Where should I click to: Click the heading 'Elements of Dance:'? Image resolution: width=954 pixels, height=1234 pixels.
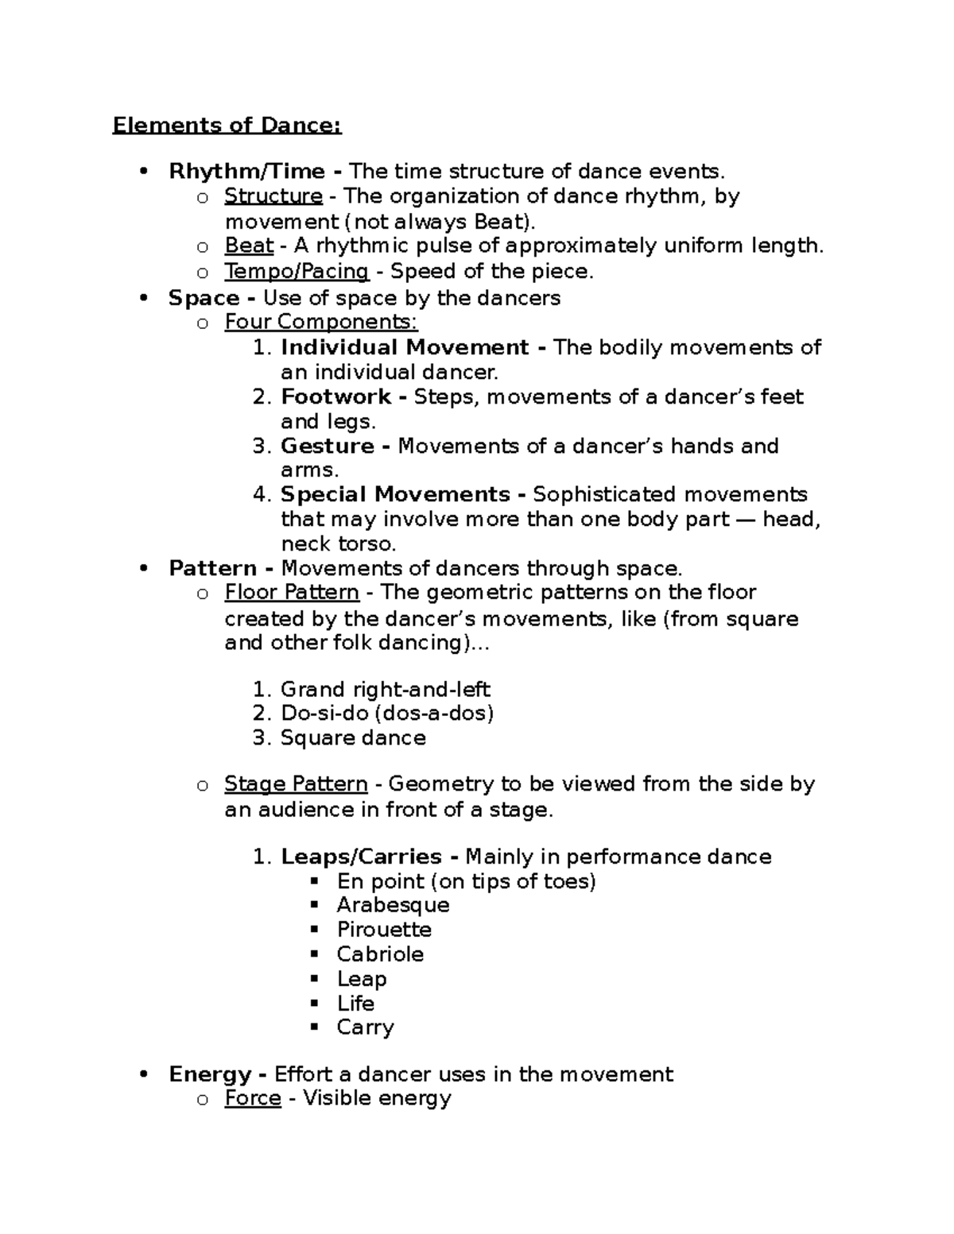227,126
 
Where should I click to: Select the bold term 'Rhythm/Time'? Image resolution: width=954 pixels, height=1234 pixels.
246,172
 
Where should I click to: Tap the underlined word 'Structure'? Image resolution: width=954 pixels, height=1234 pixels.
273,196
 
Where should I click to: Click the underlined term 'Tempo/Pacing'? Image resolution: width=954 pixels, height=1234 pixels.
297,272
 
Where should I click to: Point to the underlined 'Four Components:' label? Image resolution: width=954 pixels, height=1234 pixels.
320,322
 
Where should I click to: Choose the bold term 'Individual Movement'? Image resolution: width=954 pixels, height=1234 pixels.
405,347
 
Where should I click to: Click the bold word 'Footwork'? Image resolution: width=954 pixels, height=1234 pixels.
336,397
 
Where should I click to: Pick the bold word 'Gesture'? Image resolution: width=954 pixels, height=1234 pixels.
328,446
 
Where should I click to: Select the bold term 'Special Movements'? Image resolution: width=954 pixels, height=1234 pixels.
395,494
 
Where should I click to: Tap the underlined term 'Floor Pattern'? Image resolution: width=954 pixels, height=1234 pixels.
292,593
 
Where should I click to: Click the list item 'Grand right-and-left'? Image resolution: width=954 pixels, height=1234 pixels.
385,690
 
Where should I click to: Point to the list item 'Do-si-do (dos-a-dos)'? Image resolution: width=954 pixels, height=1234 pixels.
387,714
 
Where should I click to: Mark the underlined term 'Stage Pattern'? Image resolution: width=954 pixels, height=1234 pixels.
296,784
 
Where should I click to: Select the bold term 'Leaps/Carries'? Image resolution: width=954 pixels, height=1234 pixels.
361,857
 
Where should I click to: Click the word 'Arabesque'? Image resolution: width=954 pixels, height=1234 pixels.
393,905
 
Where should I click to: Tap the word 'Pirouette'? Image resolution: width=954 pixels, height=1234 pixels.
384,930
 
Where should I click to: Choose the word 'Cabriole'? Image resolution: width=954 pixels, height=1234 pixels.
380,954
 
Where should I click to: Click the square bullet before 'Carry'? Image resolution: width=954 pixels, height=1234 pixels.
315,1027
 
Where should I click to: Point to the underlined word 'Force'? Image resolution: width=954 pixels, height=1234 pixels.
253,1099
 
